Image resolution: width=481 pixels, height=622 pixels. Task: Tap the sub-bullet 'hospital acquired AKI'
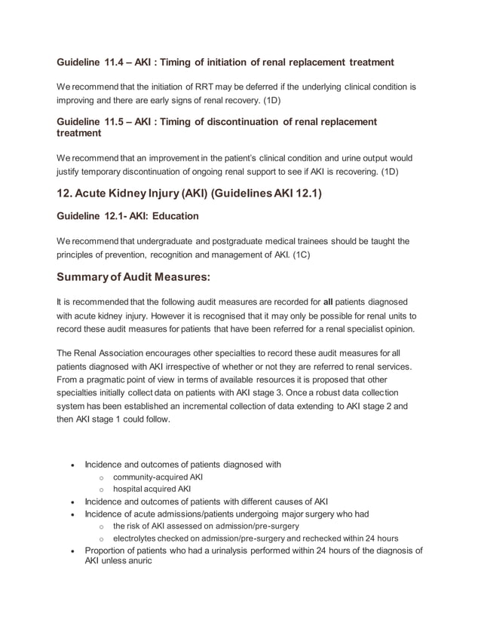[x=152, y=489]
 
